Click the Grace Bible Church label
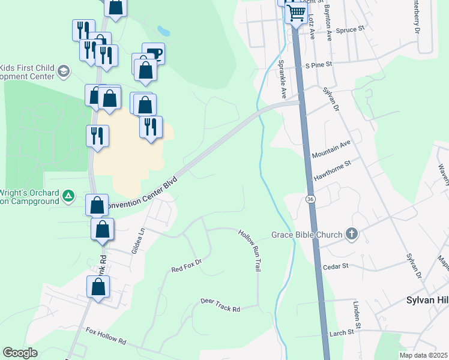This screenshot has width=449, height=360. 307,234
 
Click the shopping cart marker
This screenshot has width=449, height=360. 296,12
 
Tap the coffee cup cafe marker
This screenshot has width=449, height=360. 153,53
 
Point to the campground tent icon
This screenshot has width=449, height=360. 69,196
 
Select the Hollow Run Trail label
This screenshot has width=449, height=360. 250,251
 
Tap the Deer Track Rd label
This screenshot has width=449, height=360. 220,305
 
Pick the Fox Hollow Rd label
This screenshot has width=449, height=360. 106,335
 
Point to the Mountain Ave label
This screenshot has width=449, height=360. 331,148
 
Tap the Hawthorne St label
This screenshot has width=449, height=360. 331,169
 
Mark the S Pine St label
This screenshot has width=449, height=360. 319,64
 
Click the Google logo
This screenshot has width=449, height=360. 20,353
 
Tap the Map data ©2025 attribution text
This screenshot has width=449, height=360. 423,355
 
